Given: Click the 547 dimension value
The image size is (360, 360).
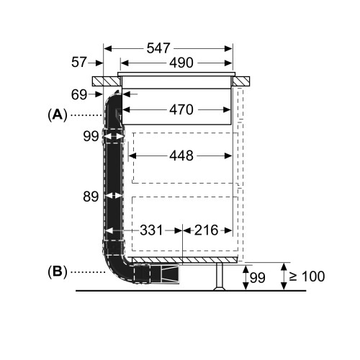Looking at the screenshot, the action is click(x=158, y=48).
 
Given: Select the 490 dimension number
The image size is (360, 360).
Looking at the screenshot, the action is click(x=181, y=63).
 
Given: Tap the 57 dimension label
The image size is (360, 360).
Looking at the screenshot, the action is click(x=78, y=62).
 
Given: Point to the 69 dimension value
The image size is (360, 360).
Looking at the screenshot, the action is click(x=79, y=94).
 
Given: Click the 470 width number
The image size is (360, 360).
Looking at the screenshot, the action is click(x=181, y=109).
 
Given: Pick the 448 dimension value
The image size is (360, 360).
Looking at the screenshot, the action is click(x=181, y=156).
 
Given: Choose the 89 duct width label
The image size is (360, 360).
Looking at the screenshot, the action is click(x=91, y=197).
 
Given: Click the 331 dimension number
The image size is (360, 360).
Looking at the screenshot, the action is click(x=151, y=230).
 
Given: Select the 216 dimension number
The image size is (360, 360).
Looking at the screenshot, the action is click(x=206, y=230).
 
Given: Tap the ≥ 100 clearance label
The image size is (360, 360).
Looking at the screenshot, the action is click(x=307, y=276).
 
